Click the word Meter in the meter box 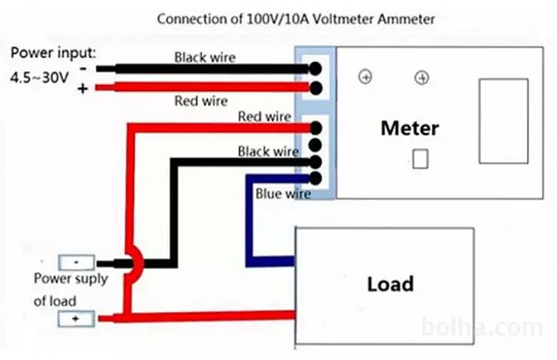pos(409,129)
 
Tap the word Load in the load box pos(390,283)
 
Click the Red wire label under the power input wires pos(201,101)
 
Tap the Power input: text pos(53,51)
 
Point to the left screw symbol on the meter pos(365,78)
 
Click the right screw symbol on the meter pos(422,78)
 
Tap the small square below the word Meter pos(420,159)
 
